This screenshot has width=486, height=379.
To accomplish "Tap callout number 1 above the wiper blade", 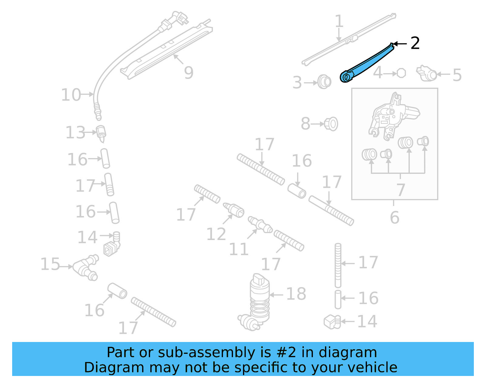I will pos(339,22).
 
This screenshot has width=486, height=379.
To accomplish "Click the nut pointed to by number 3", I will pos(324,82).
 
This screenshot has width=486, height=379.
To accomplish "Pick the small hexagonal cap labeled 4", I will pos(401,73).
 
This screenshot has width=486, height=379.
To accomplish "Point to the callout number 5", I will pos(457,75).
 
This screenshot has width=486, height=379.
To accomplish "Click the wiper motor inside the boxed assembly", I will pos(392,117).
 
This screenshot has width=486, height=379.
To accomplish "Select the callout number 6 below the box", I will pos(394,217).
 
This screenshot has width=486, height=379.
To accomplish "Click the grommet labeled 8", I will pos(331,124).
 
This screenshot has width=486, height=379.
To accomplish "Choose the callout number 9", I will pos(189,73).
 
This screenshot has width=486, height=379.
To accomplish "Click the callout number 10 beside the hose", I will pos(71,95).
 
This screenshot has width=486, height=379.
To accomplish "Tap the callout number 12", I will pos(216,234).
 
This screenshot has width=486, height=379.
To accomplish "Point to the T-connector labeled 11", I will pos(260,225).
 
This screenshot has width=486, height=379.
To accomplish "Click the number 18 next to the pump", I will pos(296,294).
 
